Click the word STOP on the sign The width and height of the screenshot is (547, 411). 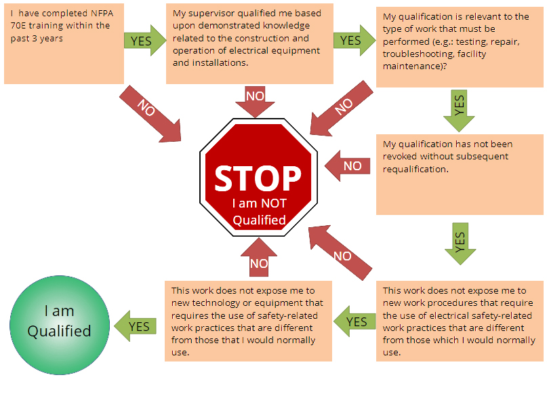click(258, 178)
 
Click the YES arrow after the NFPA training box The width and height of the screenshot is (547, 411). click(144, 40)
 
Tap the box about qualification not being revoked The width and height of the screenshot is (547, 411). click(459, 174)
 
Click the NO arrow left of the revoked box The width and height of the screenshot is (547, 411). click(348, 166)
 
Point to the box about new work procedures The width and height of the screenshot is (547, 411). click(459, 321)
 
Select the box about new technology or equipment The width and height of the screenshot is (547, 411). click(248, 321)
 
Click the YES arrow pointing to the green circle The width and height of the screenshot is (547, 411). click(136, 326)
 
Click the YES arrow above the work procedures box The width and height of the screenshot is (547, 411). click(460, 242)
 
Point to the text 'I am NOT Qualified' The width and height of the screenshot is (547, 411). click(259, 211)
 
